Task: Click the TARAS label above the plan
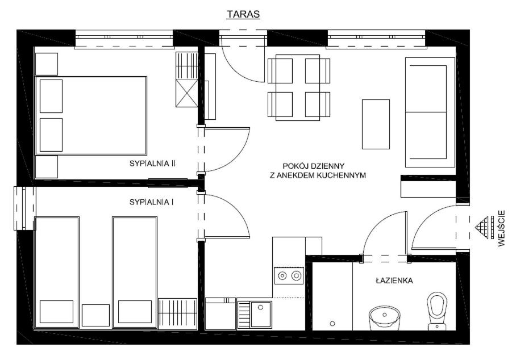(x=243, y=14)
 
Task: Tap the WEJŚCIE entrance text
(x=502, y=228)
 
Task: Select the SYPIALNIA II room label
(x=152, y=164)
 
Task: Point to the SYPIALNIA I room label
(x=151, y=202)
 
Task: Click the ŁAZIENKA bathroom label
(x=394, y=281)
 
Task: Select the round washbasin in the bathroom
(x=384, y=318)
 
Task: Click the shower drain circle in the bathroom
(x=332, y=324)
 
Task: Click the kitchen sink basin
(x=261, y=314)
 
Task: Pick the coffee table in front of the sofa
(x=376, y=124)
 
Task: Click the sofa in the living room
(x=430, y=112)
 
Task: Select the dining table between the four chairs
(x=298, y=87)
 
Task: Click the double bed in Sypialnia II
(x=91, y=115)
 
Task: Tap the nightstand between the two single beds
(x=95, y=315)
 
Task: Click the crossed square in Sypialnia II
(x=187, y=93)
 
